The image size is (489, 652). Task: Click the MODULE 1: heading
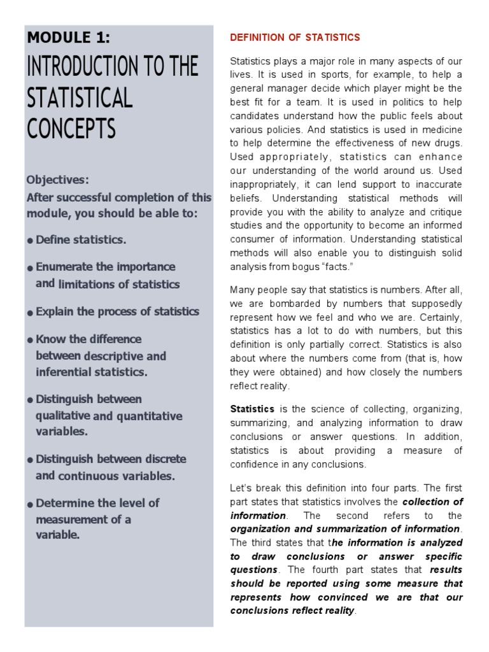coord(68,38)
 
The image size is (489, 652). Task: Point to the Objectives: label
coord(58,180)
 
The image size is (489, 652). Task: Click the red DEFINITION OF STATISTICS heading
coord(295,38)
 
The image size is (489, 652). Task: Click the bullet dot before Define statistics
coord(30,241)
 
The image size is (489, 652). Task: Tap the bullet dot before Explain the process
coord(30,313)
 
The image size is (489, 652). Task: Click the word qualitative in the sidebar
coord(62,416)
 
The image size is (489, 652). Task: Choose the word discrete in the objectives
coord(164,459)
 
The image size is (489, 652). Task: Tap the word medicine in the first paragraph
coord(441,129)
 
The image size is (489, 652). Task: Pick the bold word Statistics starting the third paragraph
coord(252,409)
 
